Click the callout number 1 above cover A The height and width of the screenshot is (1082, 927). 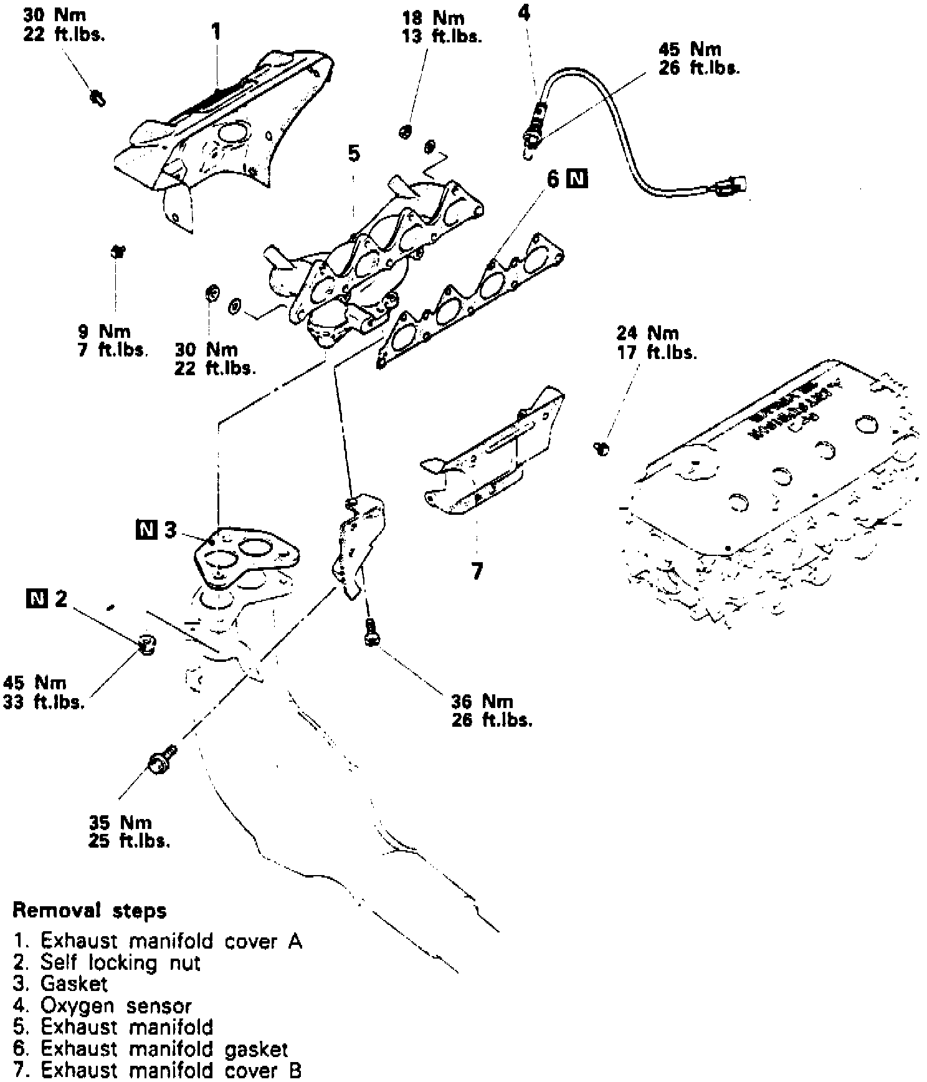tap(216, 32)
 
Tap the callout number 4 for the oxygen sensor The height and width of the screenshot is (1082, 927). tap(525, 12)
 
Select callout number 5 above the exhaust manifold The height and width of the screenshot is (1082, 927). tap(354, 153)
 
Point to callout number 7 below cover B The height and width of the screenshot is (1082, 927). tap(477, 571)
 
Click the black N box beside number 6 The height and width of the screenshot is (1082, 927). tap(577, 179)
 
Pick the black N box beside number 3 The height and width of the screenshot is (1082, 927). tap(146, 530)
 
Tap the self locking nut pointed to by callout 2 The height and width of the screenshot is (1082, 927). tap(147, 645)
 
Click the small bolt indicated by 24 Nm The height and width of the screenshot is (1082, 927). tap(602, 448)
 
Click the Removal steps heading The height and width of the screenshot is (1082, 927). tap(90, 911)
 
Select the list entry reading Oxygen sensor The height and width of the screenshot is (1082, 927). tap(103, 1005)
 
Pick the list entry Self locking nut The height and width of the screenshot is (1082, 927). tap(107, 963)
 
